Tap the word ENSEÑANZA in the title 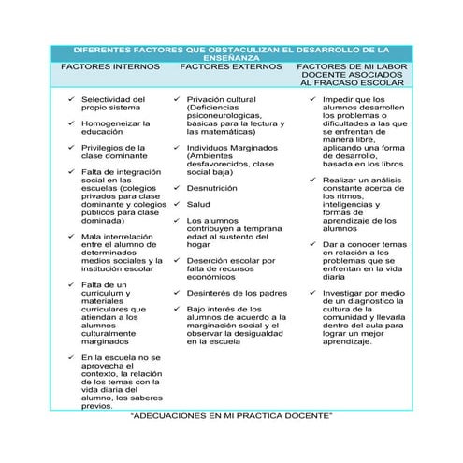(232, 58)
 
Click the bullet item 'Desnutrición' (211, 187)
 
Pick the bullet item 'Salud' (198, 203)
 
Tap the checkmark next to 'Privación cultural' (177, 98)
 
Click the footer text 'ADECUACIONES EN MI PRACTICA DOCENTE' (232, 413)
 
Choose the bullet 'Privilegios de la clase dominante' (113, 152)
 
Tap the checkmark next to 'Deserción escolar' (177, 260)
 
